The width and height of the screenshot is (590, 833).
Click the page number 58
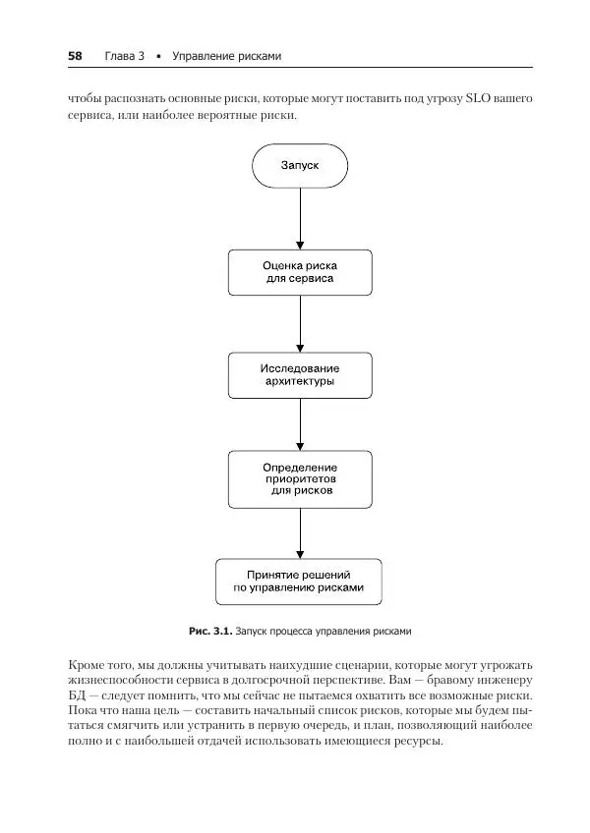coord(75,56)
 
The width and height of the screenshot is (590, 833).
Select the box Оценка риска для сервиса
coord(300,271)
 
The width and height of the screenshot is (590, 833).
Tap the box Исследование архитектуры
coord(300,374)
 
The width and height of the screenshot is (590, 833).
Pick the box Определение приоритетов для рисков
coord(300,478)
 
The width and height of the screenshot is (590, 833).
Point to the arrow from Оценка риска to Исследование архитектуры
coord(300,323)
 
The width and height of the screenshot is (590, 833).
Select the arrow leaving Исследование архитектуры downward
coord(300,424)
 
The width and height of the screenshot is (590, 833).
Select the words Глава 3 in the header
coord(124,56)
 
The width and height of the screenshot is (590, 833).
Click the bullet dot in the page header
coord(158,56)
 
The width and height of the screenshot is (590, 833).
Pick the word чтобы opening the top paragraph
coord(87,99)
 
